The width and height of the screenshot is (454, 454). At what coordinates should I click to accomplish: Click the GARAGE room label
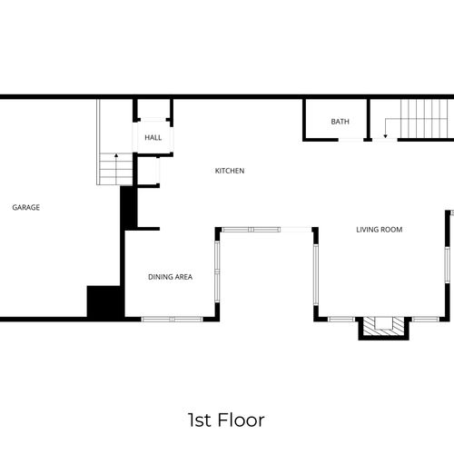[25, 207]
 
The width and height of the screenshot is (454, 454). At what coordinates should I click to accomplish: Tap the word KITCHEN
[229, 171]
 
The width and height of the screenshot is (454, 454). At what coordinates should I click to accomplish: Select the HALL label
[153, 138]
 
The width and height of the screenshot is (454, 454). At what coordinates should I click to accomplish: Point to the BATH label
[340, 122]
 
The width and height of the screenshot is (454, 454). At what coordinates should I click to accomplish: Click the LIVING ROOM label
[379, 230]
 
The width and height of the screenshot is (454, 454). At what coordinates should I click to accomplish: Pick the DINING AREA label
[170, 276]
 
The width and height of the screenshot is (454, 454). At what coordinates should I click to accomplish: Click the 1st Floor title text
[226, 419]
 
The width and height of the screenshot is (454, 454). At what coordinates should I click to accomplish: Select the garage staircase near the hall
[109, 169]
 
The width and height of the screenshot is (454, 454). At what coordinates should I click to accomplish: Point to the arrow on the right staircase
[385, 134]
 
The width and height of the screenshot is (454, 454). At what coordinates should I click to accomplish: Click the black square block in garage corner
[104, 301]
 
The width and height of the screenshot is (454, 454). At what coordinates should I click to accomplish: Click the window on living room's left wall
[315, 276]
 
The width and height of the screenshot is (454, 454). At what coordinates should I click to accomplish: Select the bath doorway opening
[350, 140]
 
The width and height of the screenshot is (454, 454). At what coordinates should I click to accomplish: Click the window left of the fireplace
[341, 319]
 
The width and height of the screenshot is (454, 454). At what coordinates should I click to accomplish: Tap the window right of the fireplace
[425, 319]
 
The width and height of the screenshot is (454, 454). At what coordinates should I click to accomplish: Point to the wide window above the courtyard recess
[265, 229]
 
